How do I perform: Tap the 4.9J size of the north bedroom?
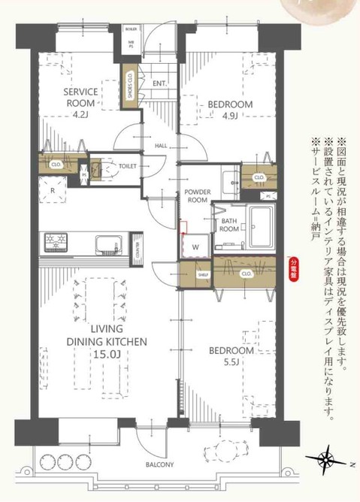click(x=230, y=115)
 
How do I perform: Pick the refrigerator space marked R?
click(x=52, y=191)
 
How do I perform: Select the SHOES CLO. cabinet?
click(x=130, y=86)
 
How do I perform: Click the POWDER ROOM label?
click(x=196, y=197)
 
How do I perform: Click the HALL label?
click(x=161, y=146)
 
